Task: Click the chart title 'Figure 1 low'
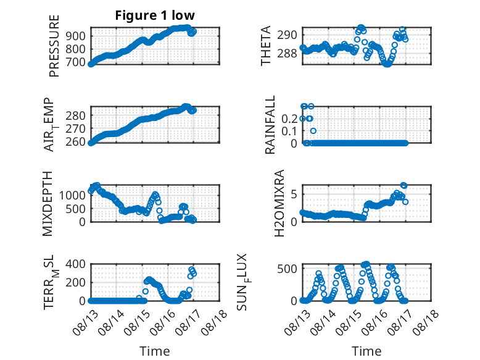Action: [155, 15]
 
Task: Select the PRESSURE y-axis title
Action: [54, 46]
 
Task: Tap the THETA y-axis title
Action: [266, 46]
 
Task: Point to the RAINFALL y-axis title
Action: [270, 125]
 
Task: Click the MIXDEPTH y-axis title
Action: [48, 204]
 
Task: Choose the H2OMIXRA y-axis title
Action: [279, 203]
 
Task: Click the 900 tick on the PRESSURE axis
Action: [76, 36]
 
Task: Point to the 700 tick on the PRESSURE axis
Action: [76, 62]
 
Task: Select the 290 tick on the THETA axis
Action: [287, 35]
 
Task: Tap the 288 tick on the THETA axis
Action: [287, 54]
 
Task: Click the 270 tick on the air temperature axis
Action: [76, 128]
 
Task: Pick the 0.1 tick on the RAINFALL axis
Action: [289, 131]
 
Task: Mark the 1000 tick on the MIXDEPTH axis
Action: [72, 195]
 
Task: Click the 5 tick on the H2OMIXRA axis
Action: [294, 195]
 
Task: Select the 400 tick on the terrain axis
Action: [76, 264]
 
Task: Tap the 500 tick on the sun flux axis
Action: [287, 269]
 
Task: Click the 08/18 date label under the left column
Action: [215, 322]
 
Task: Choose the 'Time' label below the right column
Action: [366, 351]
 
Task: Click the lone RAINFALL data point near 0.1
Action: [313, 131]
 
